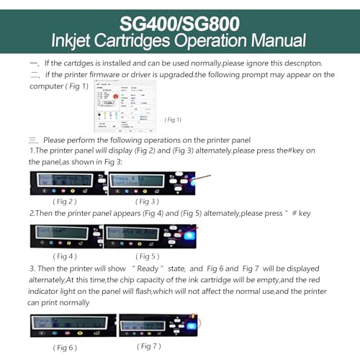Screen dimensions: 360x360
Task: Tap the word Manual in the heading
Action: tap(274, 43)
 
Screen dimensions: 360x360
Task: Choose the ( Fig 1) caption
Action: tap(174, 120)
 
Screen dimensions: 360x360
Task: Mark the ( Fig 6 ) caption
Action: tap(64, 348)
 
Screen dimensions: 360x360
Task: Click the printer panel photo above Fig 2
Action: tap(66, 183)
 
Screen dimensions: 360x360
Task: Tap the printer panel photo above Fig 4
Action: tap(66, 236)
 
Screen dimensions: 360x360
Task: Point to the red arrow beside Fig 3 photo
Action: tap(203, 176)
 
